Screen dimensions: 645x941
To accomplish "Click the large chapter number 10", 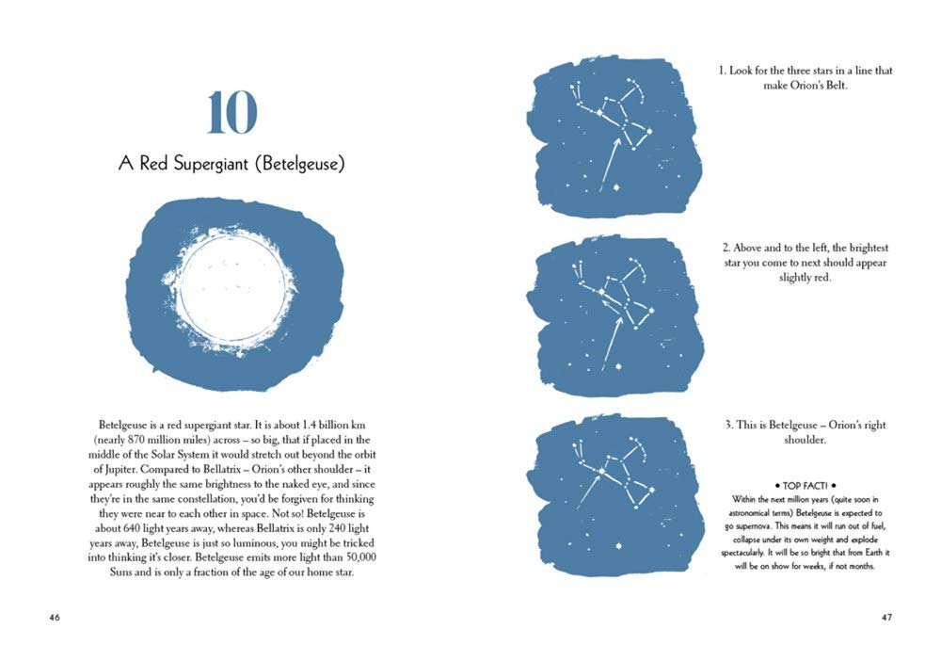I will tap(231, 114).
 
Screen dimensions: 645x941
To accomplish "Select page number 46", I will tap(55, 618).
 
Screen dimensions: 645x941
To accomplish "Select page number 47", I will tap(886, 618).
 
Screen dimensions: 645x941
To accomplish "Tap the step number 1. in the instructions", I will tap(723, 71).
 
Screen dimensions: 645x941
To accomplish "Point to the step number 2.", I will tap(727, 248).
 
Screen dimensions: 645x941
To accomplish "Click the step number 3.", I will tap(729, 426).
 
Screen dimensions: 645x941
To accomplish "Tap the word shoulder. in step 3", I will tap(805, 441).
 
